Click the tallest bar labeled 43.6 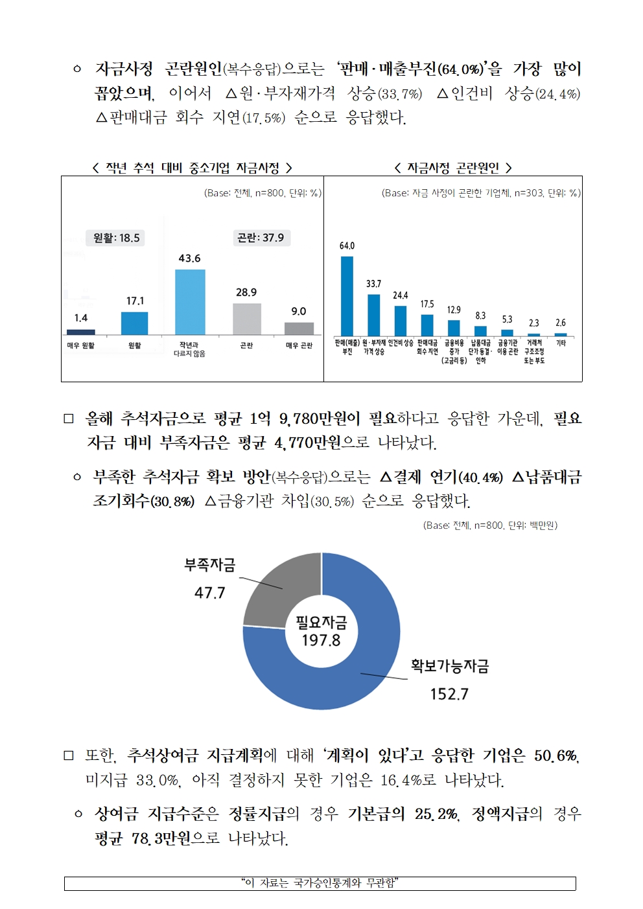pyautogui.click(x=190, y=302)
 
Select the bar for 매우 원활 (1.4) pyautogui.click(x=81, y=332)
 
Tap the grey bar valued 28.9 pyautogui.click(x=247, y=319)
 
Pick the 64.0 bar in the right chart pyautogui.click(x=347, y=295)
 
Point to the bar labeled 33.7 pyautogui.click(x=374, y=314)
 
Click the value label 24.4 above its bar pyautogui.click(x=401, y=295)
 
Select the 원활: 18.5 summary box pyautogui.click(x=116, y=238)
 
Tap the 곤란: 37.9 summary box pyautogui.click(x=261, y=238)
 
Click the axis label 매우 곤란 pyautogui.click(x=299, y=346)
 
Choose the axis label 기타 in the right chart pyautogui.click(x=561, y=343)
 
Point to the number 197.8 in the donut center pyautogui.click(x=321, y=640)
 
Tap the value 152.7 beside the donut pyautogui.click(x=449, y=694)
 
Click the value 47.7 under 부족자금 pyautogui.click(x=210, y=593)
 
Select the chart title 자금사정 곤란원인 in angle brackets pyautogui.click(x=453, y=168)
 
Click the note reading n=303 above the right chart pyautogui.click(x=481, y=193)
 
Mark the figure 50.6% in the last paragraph pyautogui.click(x=555, y=755)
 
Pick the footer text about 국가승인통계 pyautogui.click(x=320, y=883)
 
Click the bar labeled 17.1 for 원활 pyautogui.click(x=135, y=323)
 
